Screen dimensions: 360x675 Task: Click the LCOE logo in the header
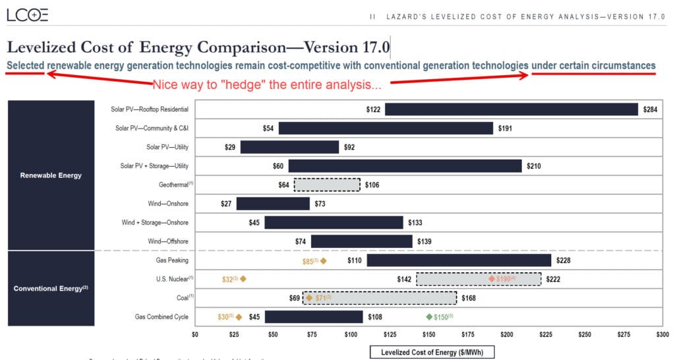(x=27, y=15)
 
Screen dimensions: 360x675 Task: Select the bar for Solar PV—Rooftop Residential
(x=512, y=109)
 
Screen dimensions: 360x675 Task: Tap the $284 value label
(x=651, y=109)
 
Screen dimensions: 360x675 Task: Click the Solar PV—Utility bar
(x=289, y=147)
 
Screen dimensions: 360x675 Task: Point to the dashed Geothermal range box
(x=327, y=185)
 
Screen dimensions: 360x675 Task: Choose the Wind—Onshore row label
(x=167, y=204)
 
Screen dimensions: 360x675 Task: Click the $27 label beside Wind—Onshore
(x=226, y=204)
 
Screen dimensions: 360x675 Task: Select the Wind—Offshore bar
(x=361, y=242)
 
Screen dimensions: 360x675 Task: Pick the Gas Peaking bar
(x=459, y=260)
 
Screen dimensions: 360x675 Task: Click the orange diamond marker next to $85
(x=323, y=261)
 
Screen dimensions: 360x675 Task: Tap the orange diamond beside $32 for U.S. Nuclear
(x=243, y=280)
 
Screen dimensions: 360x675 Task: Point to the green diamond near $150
(x=429, y=317)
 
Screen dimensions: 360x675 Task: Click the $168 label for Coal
(x=468, y=298)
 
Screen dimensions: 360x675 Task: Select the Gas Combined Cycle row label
(x=161, y=317)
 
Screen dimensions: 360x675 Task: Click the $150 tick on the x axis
(x=429, y=335)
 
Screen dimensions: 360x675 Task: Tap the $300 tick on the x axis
(x=662, y=335)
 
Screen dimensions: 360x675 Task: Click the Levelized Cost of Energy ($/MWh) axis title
(x=432, y=353)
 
